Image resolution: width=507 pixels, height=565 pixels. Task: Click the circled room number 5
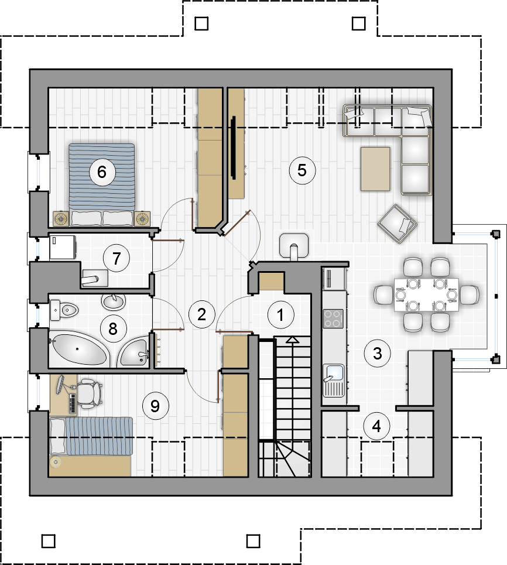302,170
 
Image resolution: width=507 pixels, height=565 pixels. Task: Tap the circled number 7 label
117,258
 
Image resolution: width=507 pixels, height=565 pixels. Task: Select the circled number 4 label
376,426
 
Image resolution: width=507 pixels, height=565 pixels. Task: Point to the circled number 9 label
155,406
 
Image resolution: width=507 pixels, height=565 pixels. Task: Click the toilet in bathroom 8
64,310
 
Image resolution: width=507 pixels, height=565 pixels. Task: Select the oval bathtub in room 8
78,349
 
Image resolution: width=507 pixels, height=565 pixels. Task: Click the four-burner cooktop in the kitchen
333,319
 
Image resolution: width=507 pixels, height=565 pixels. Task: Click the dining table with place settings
426,295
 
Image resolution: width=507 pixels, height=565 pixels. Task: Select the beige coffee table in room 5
375,169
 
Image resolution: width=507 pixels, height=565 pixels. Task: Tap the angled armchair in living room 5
397,224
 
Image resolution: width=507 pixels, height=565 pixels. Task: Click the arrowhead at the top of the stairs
292,340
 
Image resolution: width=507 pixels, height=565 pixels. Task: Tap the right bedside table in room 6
142,219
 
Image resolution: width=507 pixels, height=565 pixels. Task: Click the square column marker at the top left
201,24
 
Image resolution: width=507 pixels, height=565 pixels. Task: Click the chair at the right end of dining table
469,295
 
